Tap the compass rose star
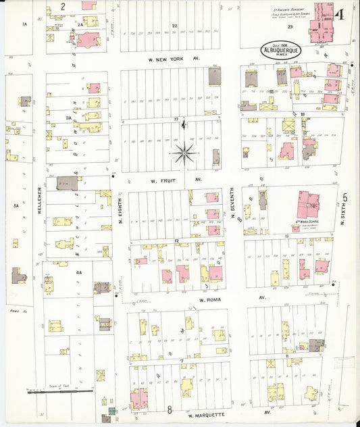pyautogui.click(x=184, y=153)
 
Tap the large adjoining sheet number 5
pyautogui.click(x=345, y=197)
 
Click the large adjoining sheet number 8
pyautogui.click(x=170, y=409)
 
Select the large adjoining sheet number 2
pyautogui.click(x=63, y=7)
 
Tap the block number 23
pyautogui.click(x=290, y=27)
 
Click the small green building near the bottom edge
pyautogui.click(x=111, y=411)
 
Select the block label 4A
pyautogui.click(x=79, y=272)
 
